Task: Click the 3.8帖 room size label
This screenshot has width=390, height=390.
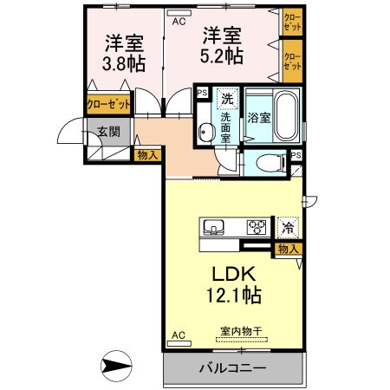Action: click(124, 64)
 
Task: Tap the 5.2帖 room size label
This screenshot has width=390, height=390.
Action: click(222, 55)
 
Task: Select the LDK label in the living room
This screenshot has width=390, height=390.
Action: click(234, 274)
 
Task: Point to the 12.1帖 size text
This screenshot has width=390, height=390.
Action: click(234, 295)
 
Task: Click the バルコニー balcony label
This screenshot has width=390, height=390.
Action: click(233, 368)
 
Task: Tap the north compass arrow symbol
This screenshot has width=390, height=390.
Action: click(116, 366)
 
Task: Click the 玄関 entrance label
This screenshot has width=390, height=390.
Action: click(108, 132)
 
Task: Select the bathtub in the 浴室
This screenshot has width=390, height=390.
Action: click(285, 116)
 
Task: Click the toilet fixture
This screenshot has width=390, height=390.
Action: click(271, 162)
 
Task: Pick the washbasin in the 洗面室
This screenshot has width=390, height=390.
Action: click(206, 133)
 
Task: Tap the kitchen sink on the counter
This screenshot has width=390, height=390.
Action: click(213, 228)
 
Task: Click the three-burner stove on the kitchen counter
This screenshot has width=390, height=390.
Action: click(257, 227)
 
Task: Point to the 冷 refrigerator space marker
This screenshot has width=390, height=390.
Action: click(288, 228)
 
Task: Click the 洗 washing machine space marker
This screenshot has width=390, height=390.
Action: click(227, 99)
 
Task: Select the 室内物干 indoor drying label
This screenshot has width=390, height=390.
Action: click(241, 331)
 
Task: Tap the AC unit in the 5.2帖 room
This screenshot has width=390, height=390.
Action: click(179, 13)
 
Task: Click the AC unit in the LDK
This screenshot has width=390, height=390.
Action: click(179, 343)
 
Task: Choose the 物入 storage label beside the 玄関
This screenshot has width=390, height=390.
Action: click(147, 155)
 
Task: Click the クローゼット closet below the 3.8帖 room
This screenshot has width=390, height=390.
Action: click(108, 104)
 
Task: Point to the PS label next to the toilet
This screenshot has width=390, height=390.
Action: click(296, 155)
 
